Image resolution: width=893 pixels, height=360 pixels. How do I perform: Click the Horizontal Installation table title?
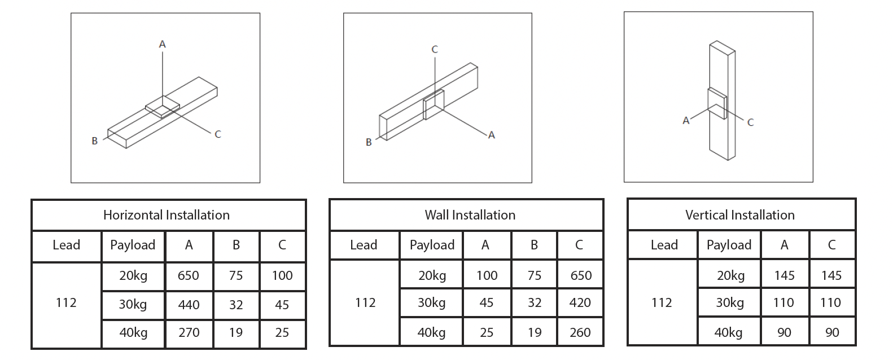(167, 215)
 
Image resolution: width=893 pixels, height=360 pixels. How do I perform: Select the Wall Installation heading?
(470, 215)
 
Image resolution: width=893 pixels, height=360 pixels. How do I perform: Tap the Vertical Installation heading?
(739, 215)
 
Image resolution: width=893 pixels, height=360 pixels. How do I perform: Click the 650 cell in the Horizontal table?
(189, 275)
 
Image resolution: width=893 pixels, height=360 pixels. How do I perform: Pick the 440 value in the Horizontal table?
(189, 305)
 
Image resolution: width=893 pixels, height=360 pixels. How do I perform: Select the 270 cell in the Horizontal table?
(189, 332)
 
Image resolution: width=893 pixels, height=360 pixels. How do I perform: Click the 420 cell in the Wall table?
(580, 303)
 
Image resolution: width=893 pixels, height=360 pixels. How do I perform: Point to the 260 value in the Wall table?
(580, 332)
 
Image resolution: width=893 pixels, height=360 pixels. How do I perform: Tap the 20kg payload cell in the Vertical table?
(730, 275)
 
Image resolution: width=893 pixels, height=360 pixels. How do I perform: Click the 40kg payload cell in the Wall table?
(432, 332)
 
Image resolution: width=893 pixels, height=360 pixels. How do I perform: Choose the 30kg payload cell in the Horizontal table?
(133, 305)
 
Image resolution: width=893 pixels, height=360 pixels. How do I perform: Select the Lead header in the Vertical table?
(664, 245)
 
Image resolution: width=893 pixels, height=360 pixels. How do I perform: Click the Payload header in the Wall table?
(432, 245)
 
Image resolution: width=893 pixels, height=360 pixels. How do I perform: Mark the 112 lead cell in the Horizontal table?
(66, 303)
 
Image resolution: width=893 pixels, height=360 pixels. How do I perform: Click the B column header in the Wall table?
(534, 245)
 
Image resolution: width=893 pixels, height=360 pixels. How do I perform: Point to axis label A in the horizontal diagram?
(163, 44)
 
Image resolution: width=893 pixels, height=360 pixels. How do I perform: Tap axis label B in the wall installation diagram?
(369, 142)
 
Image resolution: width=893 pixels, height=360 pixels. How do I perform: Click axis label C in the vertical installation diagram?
(750, 122)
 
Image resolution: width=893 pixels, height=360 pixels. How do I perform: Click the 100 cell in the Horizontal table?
(282, 275)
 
